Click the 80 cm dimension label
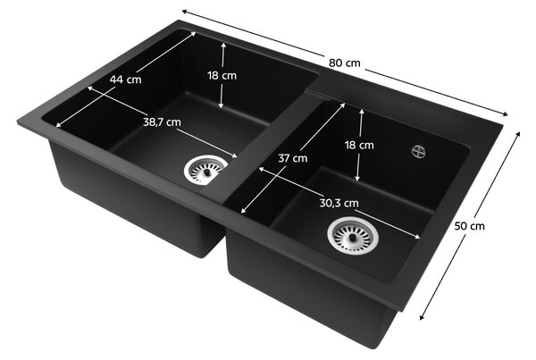point(345,63)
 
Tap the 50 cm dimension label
point(469,226)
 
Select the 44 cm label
point(125,80)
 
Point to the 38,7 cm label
point(162,122)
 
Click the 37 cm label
point(293,158)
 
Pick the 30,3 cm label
point(339,203)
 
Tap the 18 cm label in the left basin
point(222,76)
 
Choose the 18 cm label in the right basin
point(359,146)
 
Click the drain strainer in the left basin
point(205,170)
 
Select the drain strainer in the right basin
point(353,236)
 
